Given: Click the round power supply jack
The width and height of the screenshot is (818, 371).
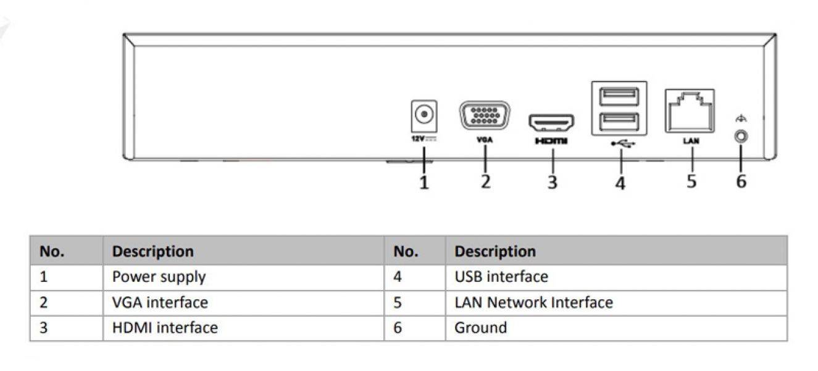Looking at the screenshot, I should [x=424, y=114].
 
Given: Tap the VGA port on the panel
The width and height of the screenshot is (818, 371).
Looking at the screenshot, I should [x=485, y=116].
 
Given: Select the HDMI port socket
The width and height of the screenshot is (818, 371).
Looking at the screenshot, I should [x=551, y=123].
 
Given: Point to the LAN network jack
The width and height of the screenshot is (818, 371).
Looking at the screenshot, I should [x=691, y=111].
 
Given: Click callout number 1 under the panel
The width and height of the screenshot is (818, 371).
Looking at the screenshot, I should [x=424, y=182].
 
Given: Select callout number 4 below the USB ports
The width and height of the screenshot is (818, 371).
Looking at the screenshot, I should [x=620, y=183].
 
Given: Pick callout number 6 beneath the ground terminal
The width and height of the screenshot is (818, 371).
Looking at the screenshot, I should [x=741, y=181].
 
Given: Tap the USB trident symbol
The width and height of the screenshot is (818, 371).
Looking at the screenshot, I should [x=620, y=143].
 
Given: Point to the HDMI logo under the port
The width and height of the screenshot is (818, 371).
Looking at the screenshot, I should [x=551, y=142].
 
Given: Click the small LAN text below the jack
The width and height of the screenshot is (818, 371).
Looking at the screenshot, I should [x=691, y=141].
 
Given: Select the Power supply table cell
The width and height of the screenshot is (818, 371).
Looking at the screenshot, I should [x=159, y=276].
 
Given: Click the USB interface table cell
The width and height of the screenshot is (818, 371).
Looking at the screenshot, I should [x=501, y=276].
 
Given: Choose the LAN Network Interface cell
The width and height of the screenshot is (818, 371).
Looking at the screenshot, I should [x=533, y=302].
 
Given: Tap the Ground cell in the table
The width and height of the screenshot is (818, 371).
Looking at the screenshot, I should [x=480, y=328].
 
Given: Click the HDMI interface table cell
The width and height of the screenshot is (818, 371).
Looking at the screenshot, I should [x=165, y=328].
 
